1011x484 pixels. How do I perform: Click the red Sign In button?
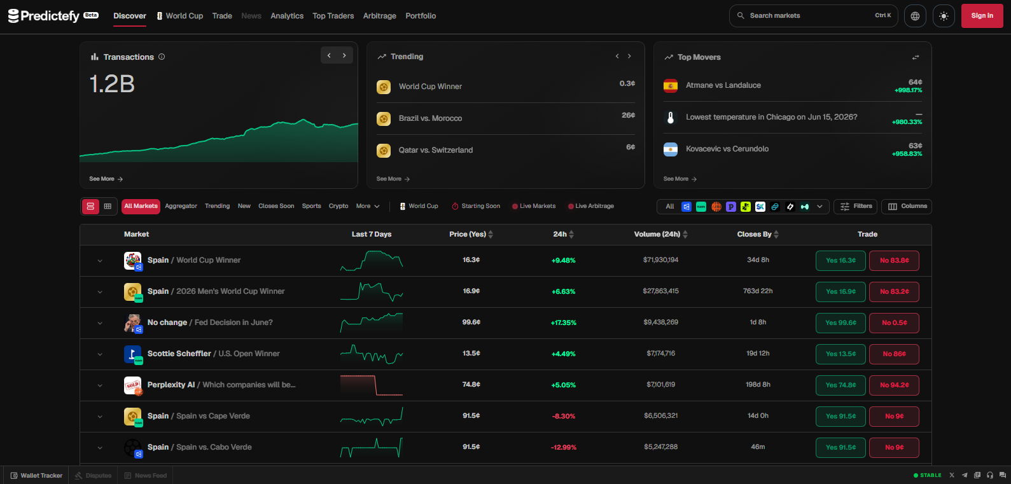click(x=982, y=16)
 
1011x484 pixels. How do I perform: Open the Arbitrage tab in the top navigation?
click(x=380, y=16)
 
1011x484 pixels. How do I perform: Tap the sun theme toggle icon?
click(x=944, y=17)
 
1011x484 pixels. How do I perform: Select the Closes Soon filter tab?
click(x=276, y=206)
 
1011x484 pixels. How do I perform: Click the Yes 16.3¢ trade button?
click(x=840, y=261)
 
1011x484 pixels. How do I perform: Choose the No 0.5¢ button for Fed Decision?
click(x=894, y=323)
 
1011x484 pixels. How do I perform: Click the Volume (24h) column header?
click(x=657, y=234)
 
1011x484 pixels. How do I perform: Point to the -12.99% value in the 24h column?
click(x=563, y=448)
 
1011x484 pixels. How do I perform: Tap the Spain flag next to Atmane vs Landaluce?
click(x=670, y=86)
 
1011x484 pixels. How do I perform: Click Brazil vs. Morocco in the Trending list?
click(x=430, y=119)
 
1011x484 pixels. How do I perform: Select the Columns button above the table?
click(x=906, y=207)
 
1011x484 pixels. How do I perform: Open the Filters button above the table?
click(x=855, y=207)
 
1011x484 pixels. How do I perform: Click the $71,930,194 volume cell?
click(x=660, y=260)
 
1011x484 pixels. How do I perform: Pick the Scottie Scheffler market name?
click(x=179, y=354)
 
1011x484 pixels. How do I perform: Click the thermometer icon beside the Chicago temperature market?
click(x=670, y=118)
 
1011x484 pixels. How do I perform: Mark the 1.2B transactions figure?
click(x=112, y=84)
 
